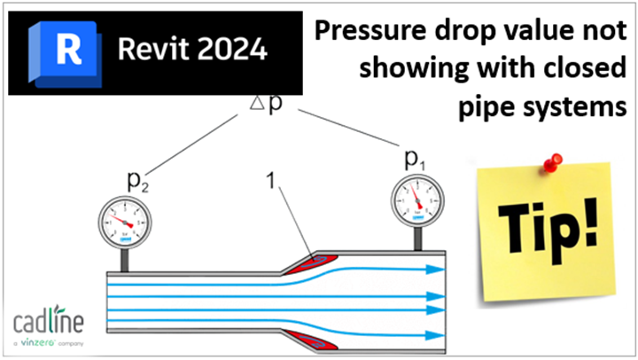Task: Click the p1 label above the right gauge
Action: (414, 159)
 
